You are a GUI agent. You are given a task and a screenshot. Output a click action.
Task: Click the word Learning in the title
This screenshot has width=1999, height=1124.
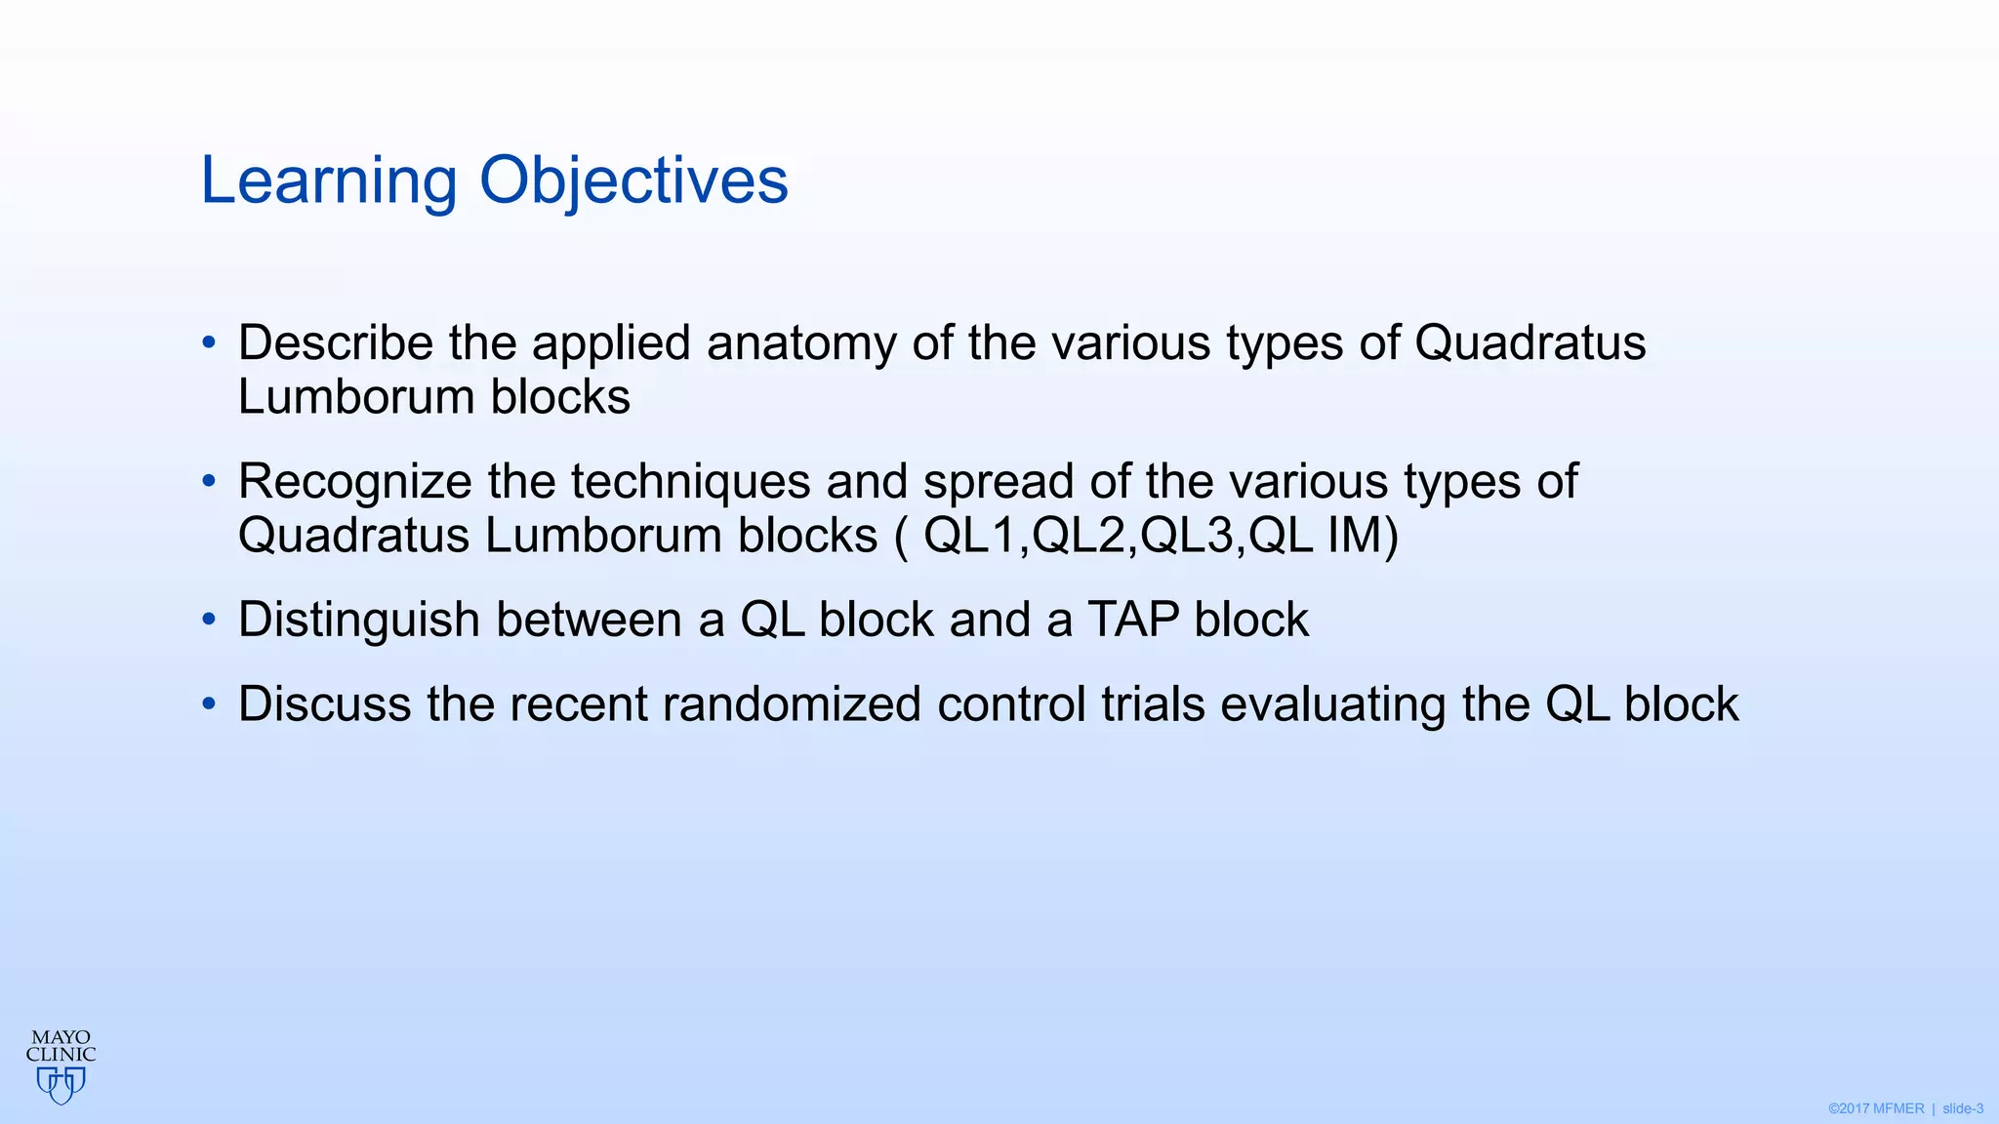coord(328,181)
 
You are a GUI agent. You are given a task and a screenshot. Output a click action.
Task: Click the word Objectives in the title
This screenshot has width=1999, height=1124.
coord(633,181)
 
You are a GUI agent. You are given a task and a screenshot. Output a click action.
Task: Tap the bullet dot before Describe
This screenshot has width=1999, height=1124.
coord(208,342)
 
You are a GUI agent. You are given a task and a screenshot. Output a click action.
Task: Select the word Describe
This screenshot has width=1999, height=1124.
coord(335,343)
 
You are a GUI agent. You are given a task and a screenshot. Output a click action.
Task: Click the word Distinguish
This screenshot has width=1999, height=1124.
coord(358,621)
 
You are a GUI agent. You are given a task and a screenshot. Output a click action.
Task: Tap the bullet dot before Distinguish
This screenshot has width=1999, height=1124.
coord(208,621)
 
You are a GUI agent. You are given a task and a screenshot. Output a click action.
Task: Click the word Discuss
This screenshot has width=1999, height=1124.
coord(324,704)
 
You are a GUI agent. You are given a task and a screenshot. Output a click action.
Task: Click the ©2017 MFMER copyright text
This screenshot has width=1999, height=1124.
coord(1875,1108)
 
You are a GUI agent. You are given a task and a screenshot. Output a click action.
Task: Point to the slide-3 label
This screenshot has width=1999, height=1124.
coord(1962,1108)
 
